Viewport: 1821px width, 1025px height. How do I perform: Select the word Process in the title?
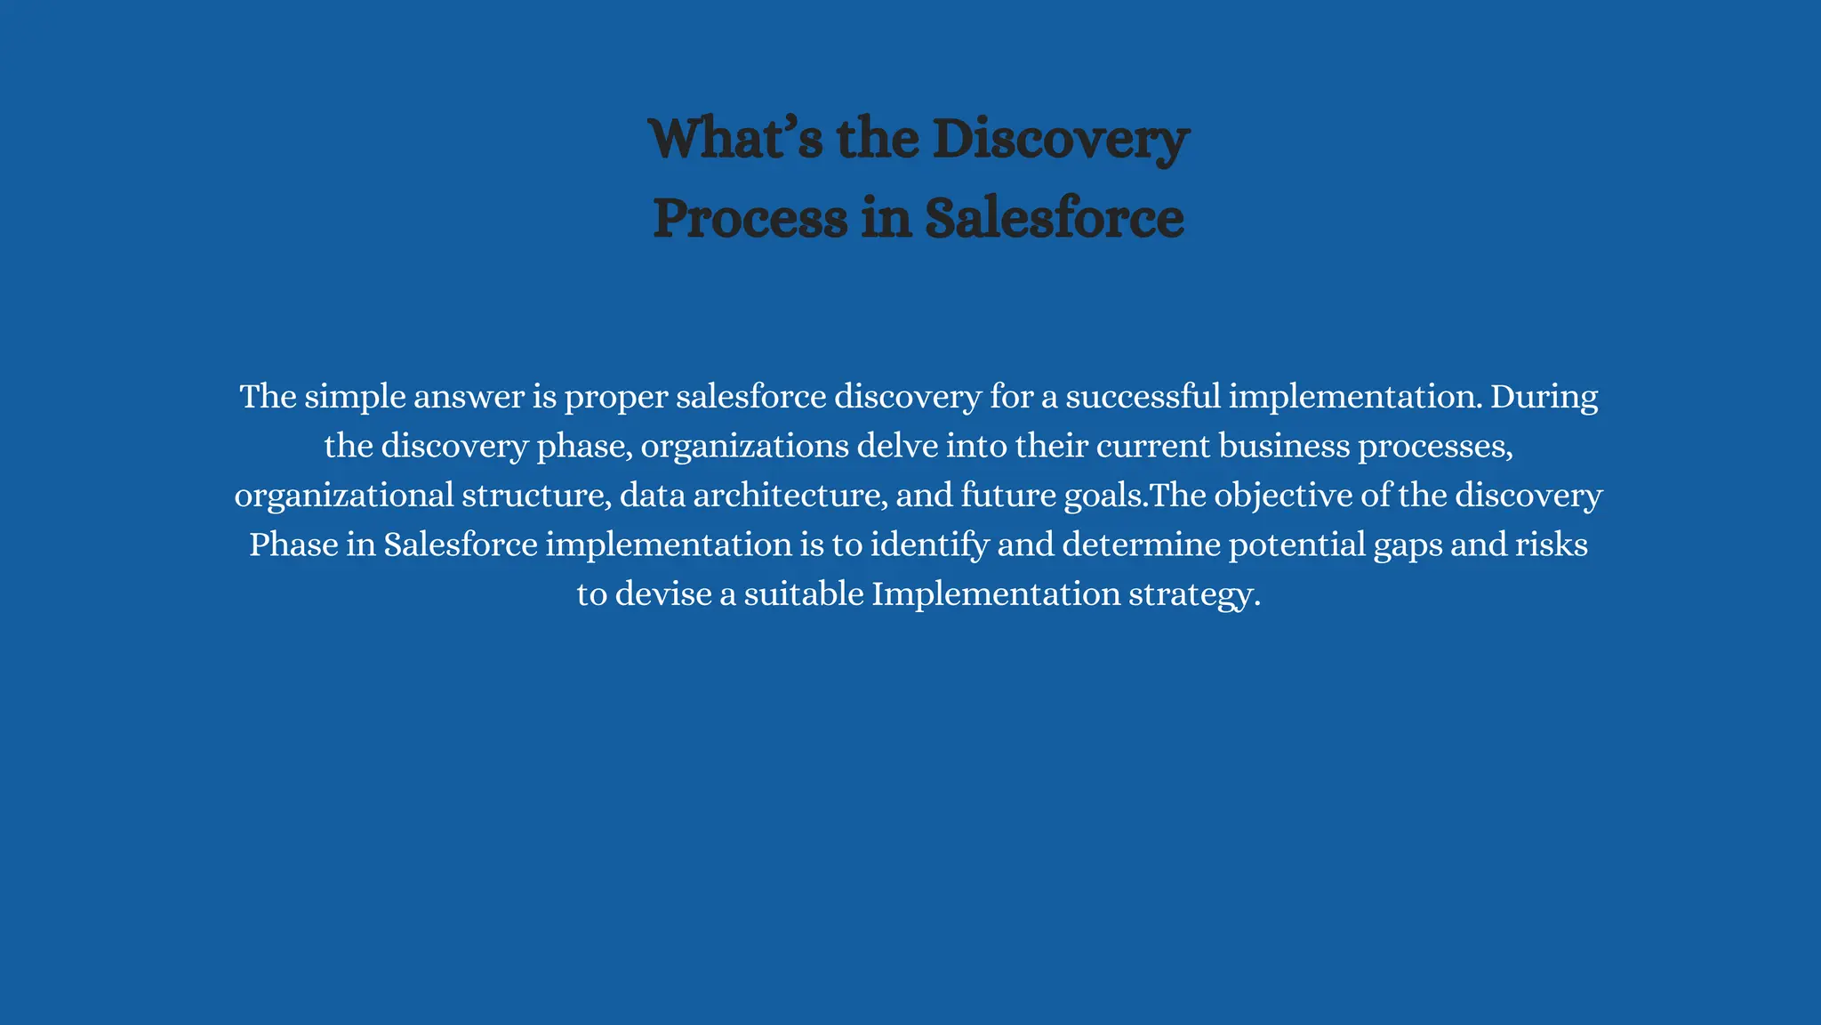click(x=750, y=218)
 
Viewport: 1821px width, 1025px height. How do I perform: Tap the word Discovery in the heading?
click(x=1060, y=140)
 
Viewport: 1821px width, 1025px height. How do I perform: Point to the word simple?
click(x=355, y=397)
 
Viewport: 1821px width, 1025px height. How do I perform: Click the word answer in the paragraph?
click(x=469, y=397)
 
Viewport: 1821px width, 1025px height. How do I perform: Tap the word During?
click(x=1544, y=397)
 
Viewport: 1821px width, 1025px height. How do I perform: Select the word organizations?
click(x=744, y=447)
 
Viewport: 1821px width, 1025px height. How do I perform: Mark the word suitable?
click(x=804, y=594)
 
